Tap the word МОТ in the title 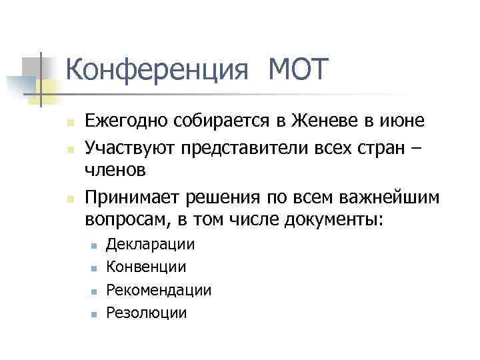point(298,70)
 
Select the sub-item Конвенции point(147,267)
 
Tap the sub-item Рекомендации point(159,290)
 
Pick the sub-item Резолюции point(147,313)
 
